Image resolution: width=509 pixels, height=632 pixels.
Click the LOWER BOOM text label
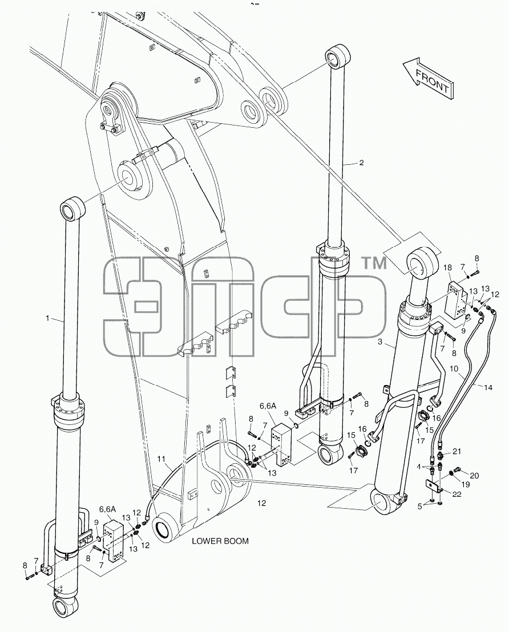pos(220,541)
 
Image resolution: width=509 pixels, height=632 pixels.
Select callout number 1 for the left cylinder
pos(47,318)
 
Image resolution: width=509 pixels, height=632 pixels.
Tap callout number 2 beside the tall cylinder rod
pos(361,163)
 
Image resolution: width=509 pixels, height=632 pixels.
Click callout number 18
pos(447,268)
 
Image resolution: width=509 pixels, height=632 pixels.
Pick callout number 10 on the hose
pos(454,368)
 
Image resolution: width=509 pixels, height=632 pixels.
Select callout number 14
pos(488,388)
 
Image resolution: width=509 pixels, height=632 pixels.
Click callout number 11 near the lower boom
pos(161,459)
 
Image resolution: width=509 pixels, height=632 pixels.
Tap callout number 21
pos(456,452)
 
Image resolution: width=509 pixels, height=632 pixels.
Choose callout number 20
pos(474,476)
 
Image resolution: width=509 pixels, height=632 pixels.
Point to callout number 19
pos(466,485)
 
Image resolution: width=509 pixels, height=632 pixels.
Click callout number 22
pos(457,494)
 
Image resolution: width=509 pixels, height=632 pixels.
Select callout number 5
pos(419,507)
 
